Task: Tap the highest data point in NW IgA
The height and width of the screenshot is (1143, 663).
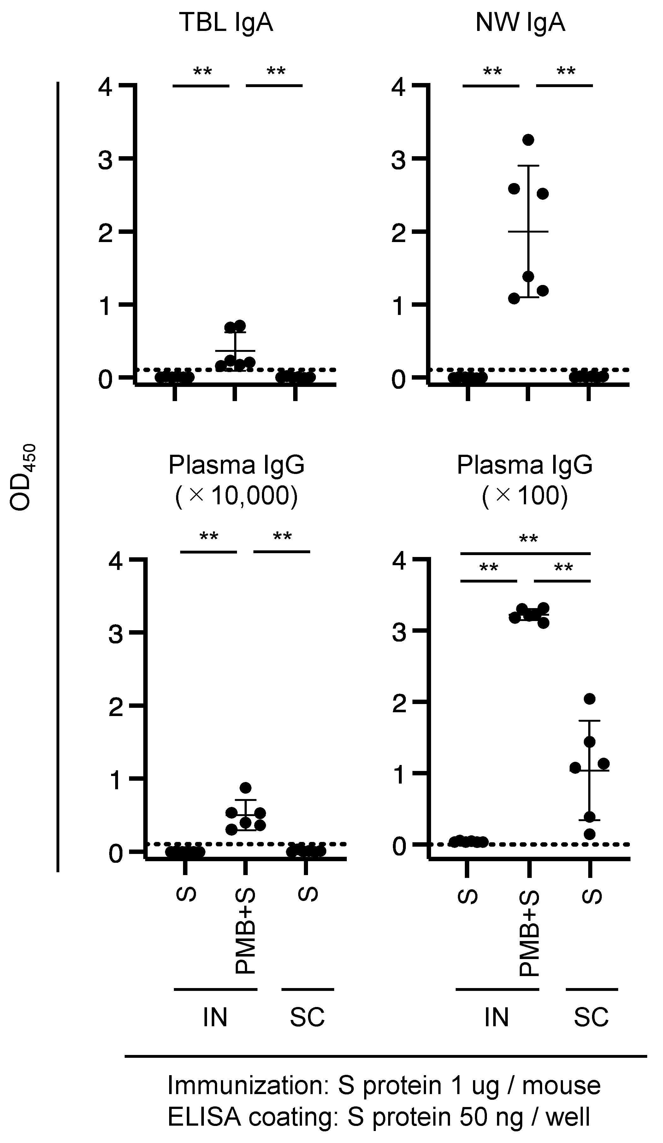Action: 528,140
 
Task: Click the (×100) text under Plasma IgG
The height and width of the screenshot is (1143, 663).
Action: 525,496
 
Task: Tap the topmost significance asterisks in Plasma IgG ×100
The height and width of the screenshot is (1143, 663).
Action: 528,540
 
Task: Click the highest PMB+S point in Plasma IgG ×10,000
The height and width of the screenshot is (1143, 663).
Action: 245,787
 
